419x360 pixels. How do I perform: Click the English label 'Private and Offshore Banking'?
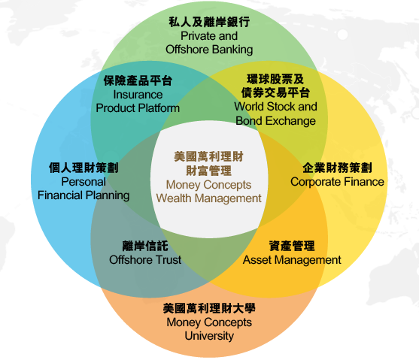pyautogui.click(x=209, y=43)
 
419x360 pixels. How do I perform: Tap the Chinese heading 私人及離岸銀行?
pyautogui.click(x=209, y=22)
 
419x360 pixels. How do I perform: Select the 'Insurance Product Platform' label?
pyautogui.click(x=138, y=101)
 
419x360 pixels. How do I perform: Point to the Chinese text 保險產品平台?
pyautogui.click(x=138, y=80)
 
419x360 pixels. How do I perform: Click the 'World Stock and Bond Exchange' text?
pyautogui.click(x=276, y=113)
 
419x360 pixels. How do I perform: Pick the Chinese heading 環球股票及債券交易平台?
pyautogui.click(x=275, y=86)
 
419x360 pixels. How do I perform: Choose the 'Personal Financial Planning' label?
pyautogui.click(x=83, y=189)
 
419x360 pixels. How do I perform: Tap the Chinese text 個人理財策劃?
pyautogui.click(x=83, y=168)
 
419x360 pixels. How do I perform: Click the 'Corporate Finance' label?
pyautogui.click(x=337, y=182)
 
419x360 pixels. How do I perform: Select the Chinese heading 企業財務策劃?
pyautogui.click(x=337, y=168)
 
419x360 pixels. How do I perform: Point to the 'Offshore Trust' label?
pyautogui.click(x=145, y=260)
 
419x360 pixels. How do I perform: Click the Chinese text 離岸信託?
pyautogui.click(x=145, y=246)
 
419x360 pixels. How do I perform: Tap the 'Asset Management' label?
pyautogui.click(x=292, y=260)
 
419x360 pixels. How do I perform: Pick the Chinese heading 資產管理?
pyautogui.click(x=292, y=246)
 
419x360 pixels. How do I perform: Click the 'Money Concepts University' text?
pyautogui.click(x=209, y=329)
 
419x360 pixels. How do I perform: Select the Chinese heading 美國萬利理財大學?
pyautogui.click(x=209, y=308)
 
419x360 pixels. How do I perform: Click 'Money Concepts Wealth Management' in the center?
pyautogui.click(x=208, y=192)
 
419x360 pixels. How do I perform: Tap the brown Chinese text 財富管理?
pyautogui.click(x=208, y=171)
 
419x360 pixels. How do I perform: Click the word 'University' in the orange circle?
pyautogui.click(x=209, y=336)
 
